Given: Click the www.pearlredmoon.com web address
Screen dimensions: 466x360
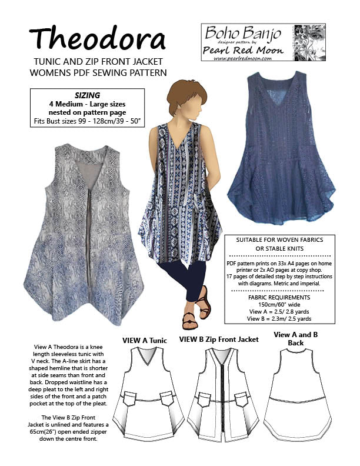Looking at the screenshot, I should tap(240, 58).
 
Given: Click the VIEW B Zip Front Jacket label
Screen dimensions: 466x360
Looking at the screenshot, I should tap(219, 339).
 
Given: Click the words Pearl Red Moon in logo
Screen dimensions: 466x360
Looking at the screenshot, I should tap(243, 49).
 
